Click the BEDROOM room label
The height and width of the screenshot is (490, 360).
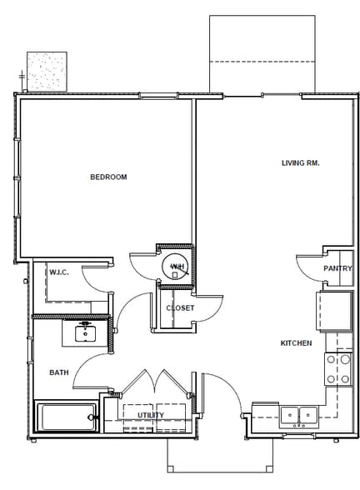click(x=108, y=177)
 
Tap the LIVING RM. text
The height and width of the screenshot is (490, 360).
click(x=300, y=163)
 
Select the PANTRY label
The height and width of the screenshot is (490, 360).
click(x=337, y=269)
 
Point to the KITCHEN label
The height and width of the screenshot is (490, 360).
click(x=296, y=343)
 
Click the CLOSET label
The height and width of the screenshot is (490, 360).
click(x=179, y=308)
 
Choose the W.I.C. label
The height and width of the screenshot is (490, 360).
click(x=58, y=272)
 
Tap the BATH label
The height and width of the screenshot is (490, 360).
click(x=58, y=373)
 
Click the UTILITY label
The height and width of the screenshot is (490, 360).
click(x=151, y=415)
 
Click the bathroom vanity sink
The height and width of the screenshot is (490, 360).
click(x=84, y=333)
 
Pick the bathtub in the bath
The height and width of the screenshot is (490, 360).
click(x=66, y=417)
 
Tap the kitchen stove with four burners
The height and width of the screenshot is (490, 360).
click(x=338, y=369)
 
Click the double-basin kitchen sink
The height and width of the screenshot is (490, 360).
click(x=297, y=415)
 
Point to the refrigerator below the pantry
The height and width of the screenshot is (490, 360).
click(x=333, y=310)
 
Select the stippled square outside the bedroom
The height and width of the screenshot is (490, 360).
click(x=47, y=71)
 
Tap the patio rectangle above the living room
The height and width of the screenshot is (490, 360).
click(x=262, y=54)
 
